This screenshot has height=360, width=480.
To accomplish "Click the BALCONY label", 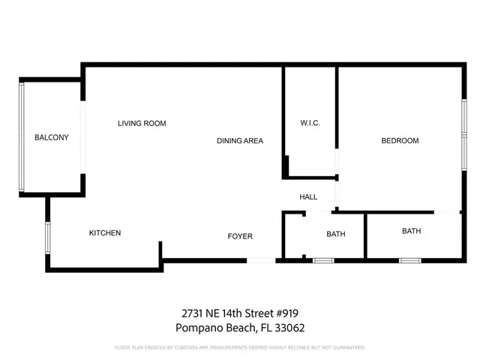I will [52, 137].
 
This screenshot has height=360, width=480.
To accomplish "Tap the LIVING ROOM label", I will [142, 123].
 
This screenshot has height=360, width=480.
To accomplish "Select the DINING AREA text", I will [240, 141].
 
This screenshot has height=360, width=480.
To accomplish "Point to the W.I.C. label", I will [310, 123].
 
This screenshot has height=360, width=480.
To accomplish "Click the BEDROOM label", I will [400, 141].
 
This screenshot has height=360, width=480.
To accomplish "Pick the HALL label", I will [308, 197].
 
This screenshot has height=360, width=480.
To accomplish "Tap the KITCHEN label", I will [105, 233].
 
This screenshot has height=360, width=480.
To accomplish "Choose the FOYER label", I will [240, 237].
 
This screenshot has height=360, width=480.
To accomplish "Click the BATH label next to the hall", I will [336, 234].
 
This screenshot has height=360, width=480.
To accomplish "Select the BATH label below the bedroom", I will [412, 231].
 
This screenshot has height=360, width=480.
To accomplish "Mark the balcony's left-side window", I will [22, 136].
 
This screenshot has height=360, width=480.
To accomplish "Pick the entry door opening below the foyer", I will [262, 260].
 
